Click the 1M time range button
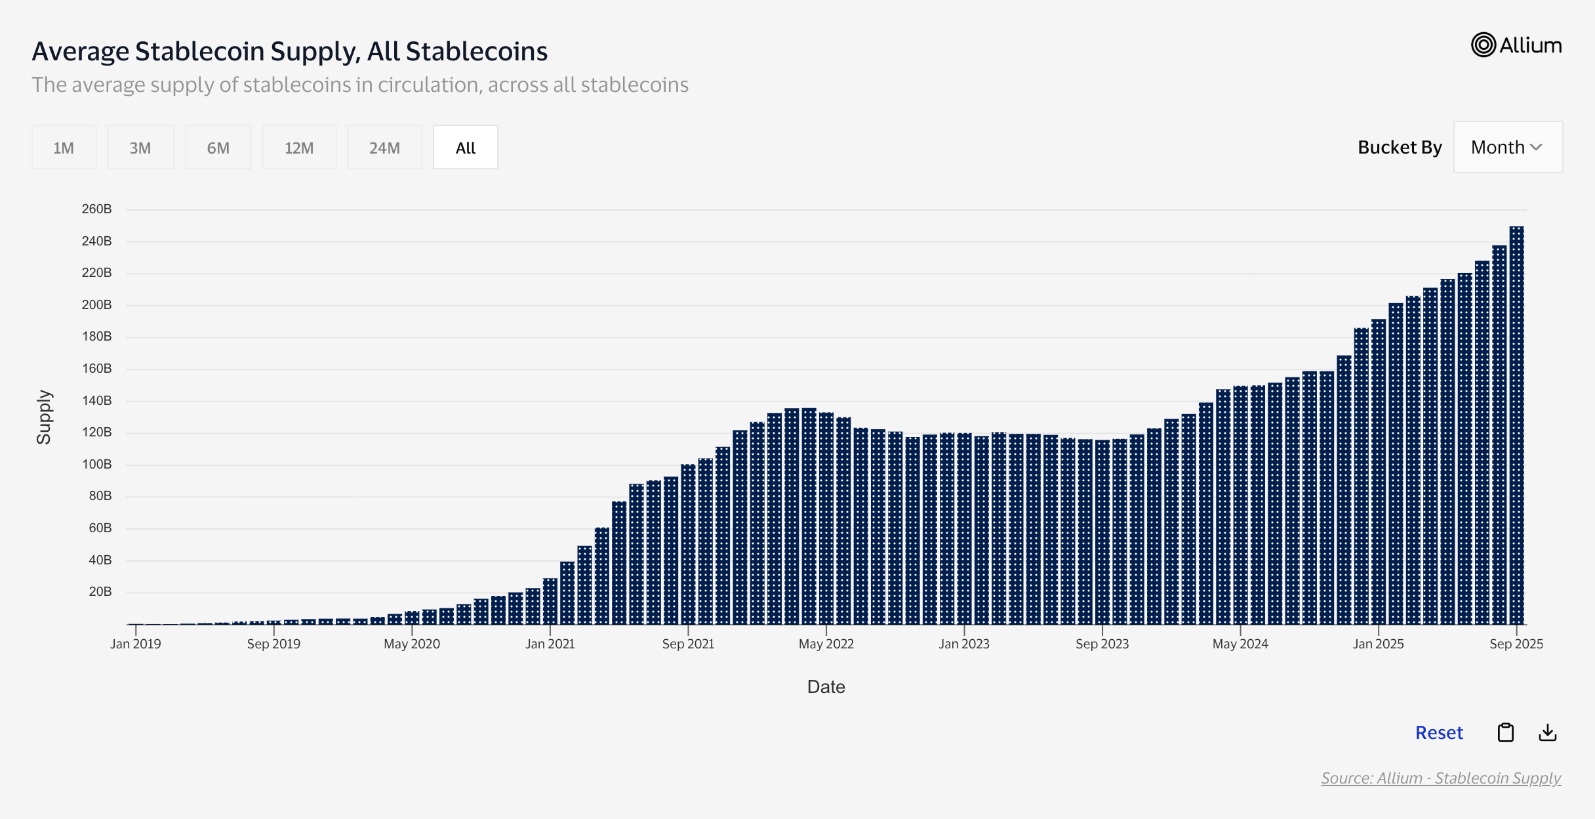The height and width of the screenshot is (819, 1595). [64, 148]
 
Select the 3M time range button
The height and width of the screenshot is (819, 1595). [140, 148]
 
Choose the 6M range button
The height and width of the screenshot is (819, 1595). [218, 148]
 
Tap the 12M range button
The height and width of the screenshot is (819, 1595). [299, 148]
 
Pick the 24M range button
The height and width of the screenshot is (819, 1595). [384, 148]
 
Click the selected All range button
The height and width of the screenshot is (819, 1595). [465, 148]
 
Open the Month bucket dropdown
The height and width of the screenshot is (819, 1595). [1507, 147]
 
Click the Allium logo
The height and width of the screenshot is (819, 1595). [1516, 45]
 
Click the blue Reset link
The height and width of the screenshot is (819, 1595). [1439, 732]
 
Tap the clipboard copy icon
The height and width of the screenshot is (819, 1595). [1506, 732]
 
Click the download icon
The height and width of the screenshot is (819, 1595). [1548, 732]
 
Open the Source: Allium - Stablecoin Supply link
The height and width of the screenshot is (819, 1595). [1441, 778]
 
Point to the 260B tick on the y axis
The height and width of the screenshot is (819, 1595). [96, 209]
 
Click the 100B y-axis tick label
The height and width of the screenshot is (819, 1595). [96, 465]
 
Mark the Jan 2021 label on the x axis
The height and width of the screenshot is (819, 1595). [550, 644]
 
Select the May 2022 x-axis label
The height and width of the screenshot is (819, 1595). [826, 644]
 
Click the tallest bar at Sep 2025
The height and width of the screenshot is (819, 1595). [1516, 427]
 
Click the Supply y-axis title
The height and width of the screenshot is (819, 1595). [44, 417]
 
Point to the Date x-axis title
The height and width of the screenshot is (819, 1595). [826, 687]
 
